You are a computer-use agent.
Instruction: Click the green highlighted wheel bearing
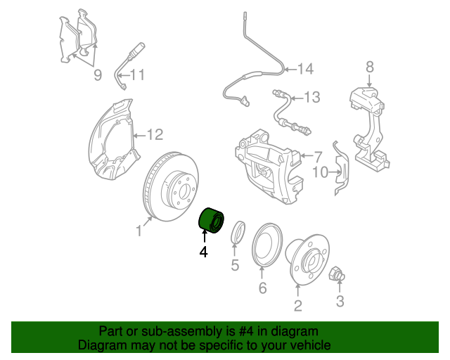pos(210,220)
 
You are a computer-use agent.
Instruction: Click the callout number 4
pos(204,251)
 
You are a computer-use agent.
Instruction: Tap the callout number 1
pos(139,230)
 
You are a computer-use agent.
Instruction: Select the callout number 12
pos(155,134)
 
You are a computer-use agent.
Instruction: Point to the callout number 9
pos(97,74)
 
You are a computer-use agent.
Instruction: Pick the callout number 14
pos(304,69)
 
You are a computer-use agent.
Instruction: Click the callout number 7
pos(318,156)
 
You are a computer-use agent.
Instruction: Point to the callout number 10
pos(320,172)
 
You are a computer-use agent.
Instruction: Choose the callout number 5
pos(236,265)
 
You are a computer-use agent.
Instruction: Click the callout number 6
pos(262,288)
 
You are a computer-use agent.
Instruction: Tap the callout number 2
pos(298,304)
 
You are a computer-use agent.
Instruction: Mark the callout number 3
pos(340,302)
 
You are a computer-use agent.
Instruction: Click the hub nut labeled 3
pos(336,274)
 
